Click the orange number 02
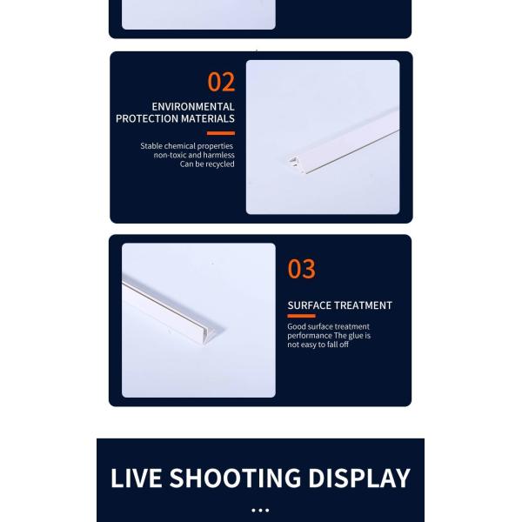(221, 82)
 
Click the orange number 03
(301, 270)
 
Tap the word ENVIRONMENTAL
(192, 107)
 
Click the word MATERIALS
(208, 119)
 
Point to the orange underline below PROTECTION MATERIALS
(221, 133)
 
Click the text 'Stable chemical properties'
(187, 146)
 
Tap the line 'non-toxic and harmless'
(194, 155)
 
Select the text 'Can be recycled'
(207, 164)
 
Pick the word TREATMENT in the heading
(362, 305)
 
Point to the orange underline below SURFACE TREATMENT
(301, 316)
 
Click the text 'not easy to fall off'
(318, 345)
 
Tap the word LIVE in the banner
(136, 478)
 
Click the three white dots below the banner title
(260, 511)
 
